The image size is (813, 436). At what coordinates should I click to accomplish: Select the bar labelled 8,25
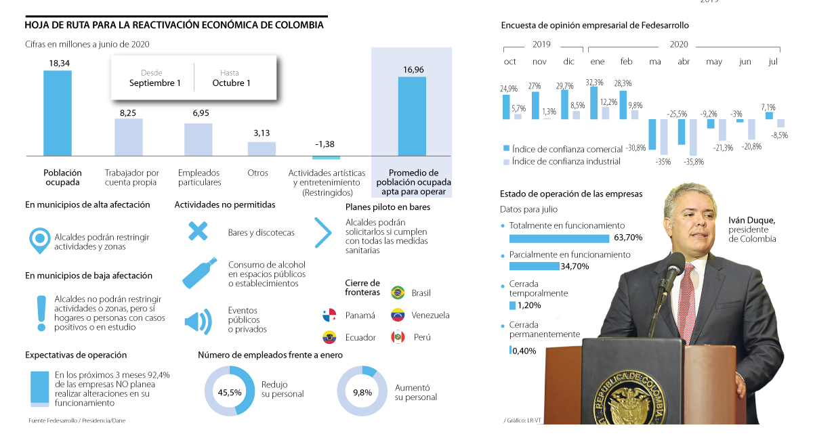(128, 137)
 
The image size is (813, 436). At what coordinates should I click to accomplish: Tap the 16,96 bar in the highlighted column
(412, 116)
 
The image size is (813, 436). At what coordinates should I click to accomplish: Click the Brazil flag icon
(398, 292)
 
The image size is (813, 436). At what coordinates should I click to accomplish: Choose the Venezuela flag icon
(398, 315)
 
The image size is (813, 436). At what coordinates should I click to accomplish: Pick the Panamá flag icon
(329, 315)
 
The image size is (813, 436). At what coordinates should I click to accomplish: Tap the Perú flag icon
(398, 336)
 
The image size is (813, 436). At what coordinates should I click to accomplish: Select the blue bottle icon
(199, 273)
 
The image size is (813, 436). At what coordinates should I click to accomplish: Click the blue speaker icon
(198, 320)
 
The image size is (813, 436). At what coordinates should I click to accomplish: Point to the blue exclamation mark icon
(41, 313)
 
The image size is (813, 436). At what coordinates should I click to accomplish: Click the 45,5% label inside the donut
(230, 392)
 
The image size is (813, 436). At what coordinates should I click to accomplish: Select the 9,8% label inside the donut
(362, 392)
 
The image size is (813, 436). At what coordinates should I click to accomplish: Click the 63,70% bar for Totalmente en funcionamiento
(559, 238)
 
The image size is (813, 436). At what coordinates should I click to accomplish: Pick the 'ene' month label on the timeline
(597, 62)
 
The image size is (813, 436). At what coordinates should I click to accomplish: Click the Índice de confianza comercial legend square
(506, 148)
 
